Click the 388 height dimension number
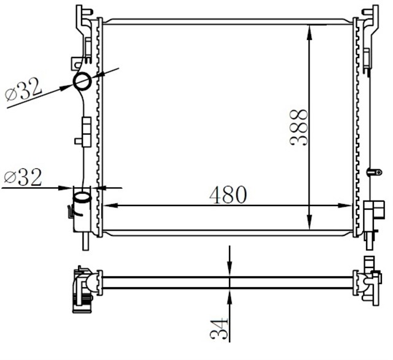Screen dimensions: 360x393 [299, 127]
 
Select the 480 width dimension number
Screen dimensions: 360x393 [228, 194]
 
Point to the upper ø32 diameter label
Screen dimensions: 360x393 [23, 91]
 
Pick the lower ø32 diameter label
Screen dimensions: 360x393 [23, 178]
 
